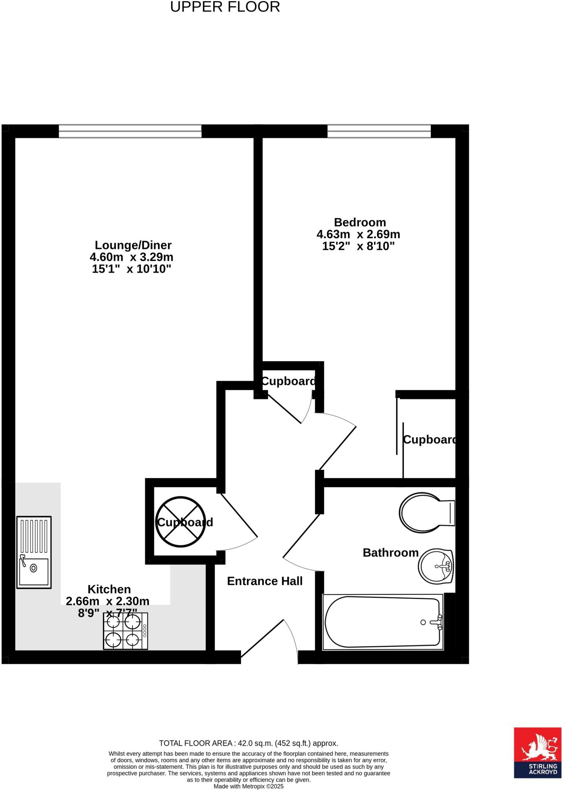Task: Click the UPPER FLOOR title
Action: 225,7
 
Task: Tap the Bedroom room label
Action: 359,222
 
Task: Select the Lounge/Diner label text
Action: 133,245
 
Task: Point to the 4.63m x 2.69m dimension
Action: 358,234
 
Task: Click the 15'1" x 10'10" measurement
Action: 132,269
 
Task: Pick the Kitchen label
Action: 109,589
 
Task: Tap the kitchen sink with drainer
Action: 34,552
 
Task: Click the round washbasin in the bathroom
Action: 435,566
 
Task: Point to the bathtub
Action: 383,622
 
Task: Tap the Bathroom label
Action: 390,553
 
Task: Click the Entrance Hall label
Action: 265,581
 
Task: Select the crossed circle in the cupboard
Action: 181,522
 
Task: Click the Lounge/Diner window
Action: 130,131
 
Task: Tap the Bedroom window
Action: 379,131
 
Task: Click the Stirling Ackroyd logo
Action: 537,753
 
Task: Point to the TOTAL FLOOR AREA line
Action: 248,743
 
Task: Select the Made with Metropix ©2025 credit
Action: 248,786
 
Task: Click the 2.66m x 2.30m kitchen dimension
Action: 108,601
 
